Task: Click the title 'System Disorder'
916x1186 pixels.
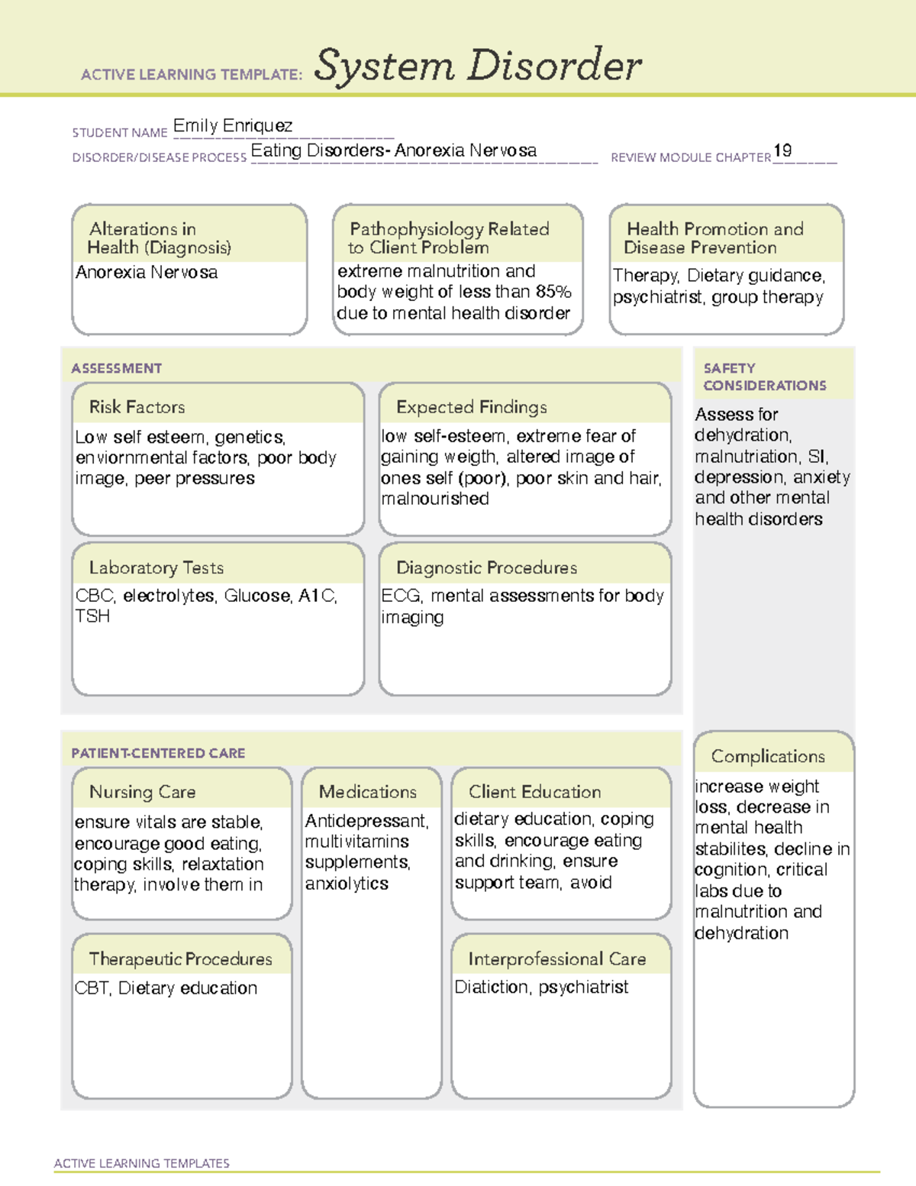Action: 477,66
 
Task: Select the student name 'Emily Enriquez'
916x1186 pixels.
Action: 232,126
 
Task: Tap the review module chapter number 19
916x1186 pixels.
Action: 782,150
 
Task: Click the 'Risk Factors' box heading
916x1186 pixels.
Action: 137,407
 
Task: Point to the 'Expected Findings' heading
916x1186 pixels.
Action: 471,407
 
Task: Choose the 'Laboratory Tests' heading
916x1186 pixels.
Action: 156,567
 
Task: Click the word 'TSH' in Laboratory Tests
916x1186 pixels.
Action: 92,616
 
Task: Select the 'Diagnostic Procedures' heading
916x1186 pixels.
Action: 486,567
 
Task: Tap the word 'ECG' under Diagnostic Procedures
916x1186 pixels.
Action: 401,596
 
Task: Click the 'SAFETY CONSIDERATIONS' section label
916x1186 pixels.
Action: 764,377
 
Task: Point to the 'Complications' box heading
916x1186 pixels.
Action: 768,756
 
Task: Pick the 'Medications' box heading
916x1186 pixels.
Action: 368,792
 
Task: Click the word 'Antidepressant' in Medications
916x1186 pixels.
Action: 366,821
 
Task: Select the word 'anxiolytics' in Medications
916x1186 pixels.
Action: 347,884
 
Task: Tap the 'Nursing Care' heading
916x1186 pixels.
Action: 142,792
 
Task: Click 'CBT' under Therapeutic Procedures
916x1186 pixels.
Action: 92,988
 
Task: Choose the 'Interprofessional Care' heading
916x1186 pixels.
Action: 556,959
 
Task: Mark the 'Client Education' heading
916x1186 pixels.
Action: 534,792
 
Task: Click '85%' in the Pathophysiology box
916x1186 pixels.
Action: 553,292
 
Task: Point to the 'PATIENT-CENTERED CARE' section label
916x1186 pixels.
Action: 158,753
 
